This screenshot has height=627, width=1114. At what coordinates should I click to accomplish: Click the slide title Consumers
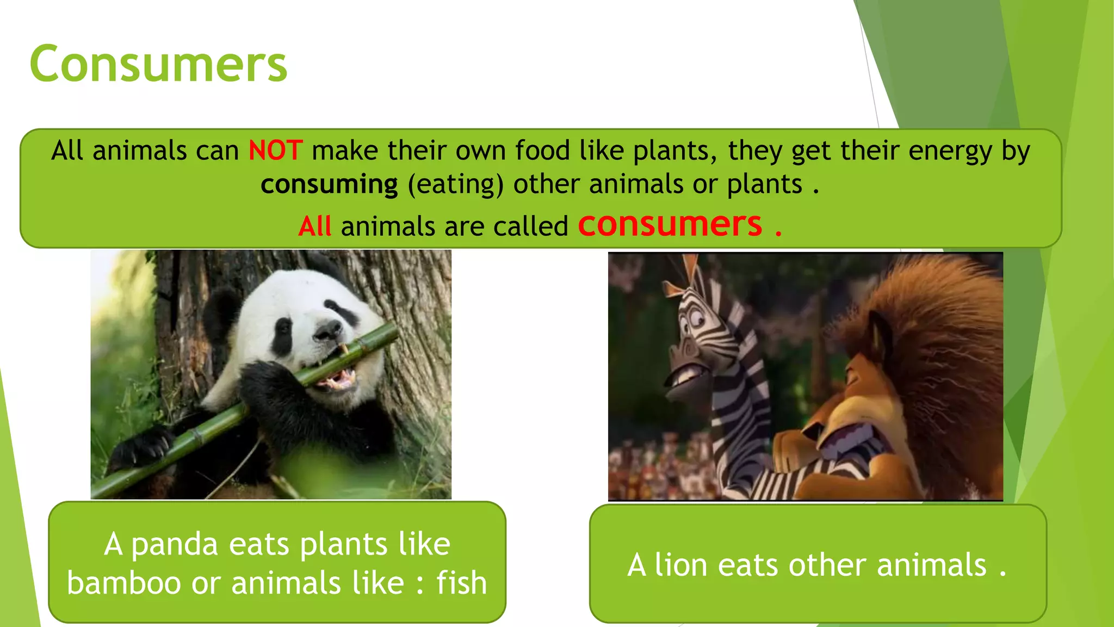click(158, 64)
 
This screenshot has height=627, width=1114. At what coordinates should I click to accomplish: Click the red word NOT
click(275, 151)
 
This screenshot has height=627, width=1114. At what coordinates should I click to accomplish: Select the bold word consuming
click(329, 185)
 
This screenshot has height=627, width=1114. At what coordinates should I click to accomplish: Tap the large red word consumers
click(670, 224)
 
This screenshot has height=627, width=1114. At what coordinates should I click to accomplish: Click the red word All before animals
click(315, 226)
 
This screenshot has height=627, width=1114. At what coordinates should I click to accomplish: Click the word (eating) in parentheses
click(456, 185)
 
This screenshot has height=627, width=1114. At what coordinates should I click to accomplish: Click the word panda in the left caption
click(175, 544)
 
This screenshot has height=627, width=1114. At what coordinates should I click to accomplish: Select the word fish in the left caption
click(461, 583)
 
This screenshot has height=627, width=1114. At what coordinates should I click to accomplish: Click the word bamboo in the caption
click(124, 583)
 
